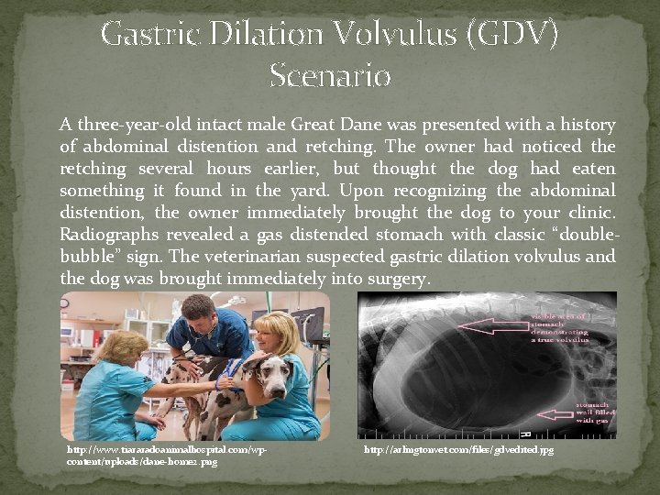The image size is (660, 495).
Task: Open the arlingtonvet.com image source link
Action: click(458, 450)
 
